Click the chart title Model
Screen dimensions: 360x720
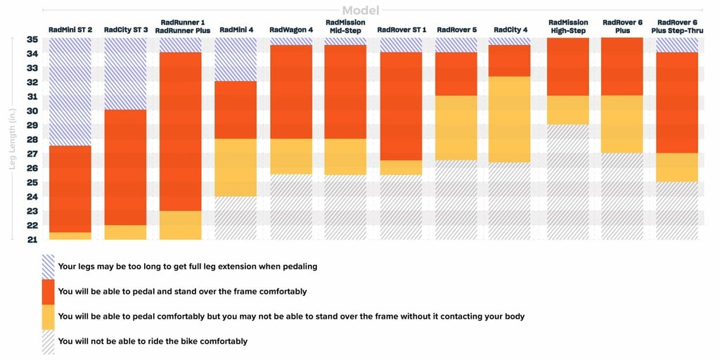click(359, 11)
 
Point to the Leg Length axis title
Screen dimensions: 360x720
click(11, 139)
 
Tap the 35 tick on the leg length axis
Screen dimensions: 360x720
click(32, 39)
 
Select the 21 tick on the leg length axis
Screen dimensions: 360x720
click(32, 239)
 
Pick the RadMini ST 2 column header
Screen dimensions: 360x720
click(70, 30)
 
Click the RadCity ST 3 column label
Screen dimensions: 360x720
click(126, 30)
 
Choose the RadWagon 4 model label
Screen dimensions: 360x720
click(290, 30)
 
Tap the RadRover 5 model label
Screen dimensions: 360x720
click(456, 30)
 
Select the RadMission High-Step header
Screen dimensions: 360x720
click(568, 27)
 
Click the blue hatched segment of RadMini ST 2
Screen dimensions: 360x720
click(70, 91)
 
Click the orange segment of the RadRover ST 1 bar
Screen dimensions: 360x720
click(401, 105)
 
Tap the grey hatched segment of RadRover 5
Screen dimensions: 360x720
click(456, 200)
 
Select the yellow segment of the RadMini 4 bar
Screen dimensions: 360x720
click(236, 167)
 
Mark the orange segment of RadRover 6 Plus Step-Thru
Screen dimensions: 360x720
click(677, 102)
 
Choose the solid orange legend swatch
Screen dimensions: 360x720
click(48, 291)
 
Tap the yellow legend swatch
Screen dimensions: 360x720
click(48, 316)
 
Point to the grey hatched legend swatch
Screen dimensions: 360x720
click(48, 341)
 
